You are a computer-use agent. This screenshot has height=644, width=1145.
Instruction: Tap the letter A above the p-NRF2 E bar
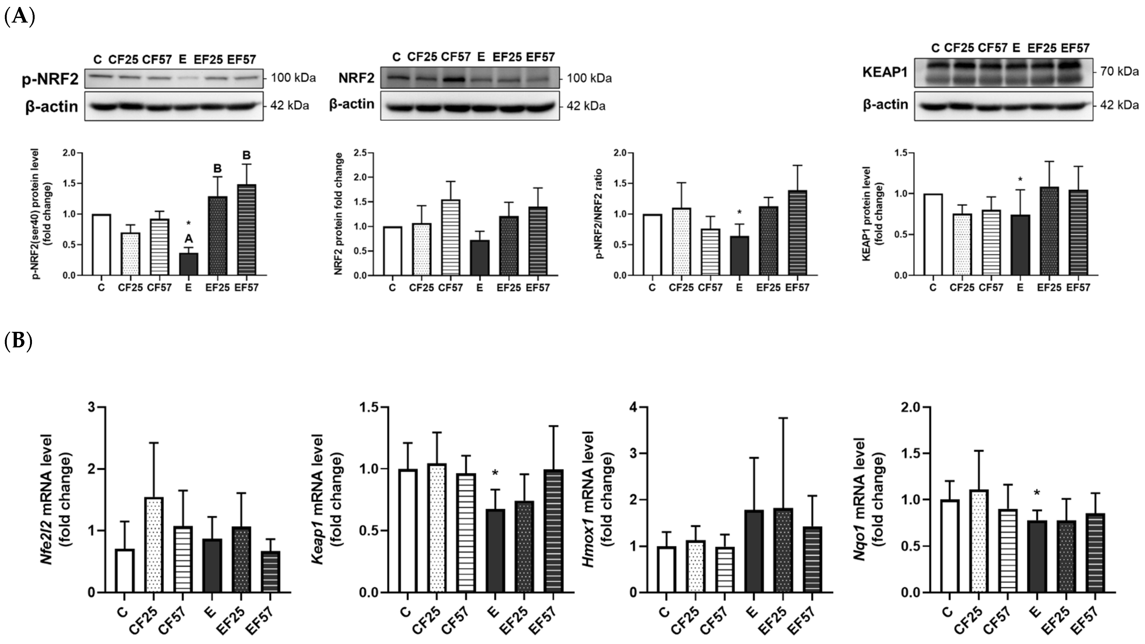tap(189, 239)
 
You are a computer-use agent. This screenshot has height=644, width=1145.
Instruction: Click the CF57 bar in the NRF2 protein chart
tap(451, 238)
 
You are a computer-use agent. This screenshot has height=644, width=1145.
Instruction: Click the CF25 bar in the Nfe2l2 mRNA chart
tap(154, 545)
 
